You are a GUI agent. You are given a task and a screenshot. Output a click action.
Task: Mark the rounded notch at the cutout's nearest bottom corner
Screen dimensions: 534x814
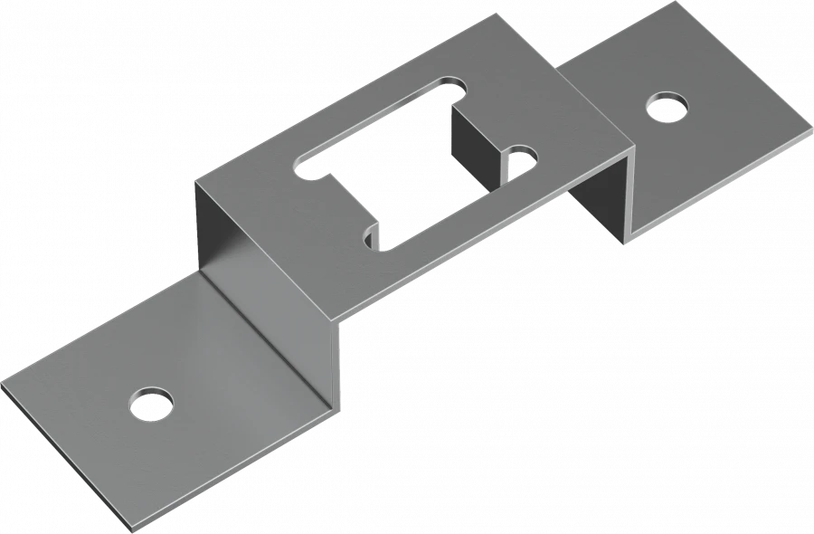pos(372,237)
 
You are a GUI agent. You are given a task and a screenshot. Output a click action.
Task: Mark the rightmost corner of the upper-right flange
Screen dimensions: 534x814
pos(809,128)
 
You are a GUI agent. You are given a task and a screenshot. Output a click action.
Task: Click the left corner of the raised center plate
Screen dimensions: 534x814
pos(196,182)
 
